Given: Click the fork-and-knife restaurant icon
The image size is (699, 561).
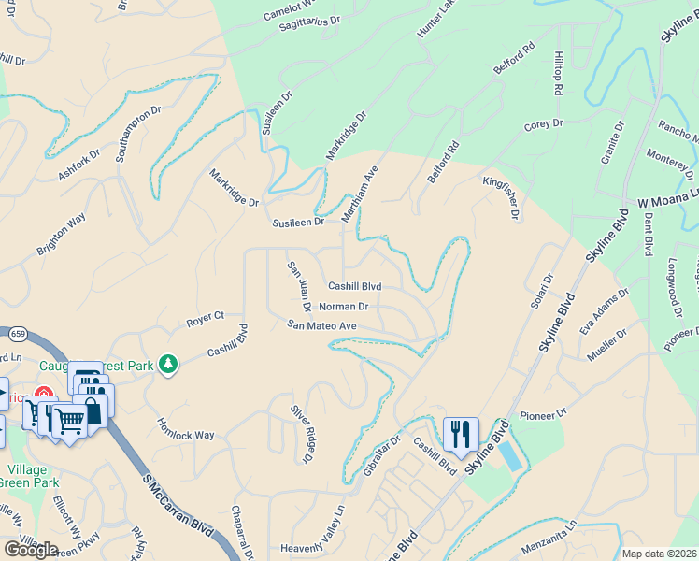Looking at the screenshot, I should (x=461, y=434).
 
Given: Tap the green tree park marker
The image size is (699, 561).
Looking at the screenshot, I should (x=168, y=363).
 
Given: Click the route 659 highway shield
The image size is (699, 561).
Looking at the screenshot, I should (x=14, y=335).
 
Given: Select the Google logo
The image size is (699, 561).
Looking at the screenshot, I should (x=31, y=549).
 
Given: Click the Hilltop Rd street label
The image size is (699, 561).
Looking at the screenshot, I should (x=558, y=73).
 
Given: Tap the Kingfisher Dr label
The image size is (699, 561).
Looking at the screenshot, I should (x=501, y=196).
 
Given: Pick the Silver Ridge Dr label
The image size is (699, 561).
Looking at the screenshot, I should (x=300, y=433).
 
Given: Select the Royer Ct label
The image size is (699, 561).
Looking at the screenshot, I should (x=206, y=317).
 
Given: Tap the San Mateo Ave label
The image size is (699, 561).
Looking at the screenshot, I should (x=321, y=325).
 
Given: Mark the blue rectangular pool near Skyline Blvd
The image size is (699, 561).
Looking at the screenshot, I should (x=511, y=456).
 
